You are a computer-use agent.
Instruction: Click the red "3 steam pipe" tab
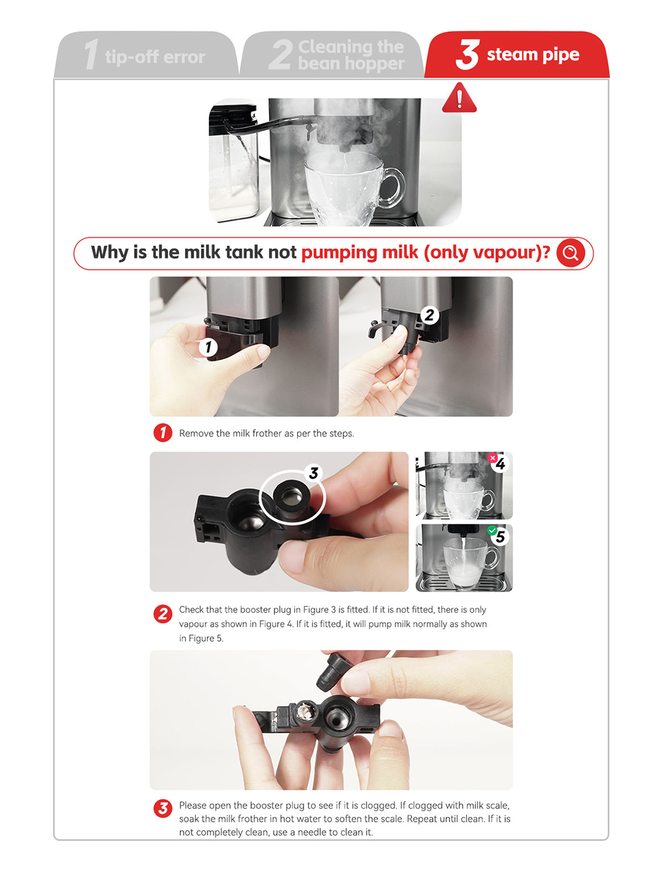[517, 54]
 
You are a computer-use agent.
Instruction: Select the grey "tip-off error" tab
[147, 54]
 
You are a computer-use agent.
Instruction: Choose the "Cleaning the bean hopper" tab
[331, 54]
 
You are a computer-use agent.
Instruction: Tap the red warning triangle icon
[459, 98]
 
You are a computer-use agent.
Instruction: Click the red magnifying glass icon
[570, 253]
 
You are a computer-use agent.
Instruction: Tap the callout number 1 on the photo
[208, 347]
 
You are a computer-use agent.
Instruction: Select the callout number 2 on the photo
[430, 315]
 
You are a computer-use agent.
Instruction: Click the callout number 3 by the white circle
[314, 473]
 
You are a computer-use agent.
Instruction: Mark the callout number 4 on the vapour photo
[501, 464]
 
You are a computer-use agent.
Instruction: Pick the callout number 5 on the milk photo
[501, 537]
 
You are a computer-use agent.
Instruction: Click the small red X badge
[492, 458]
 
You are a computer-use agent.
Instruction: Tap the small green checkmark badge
[492, 531]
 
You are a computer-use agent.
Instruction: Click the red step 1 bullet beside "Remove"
[162, 433]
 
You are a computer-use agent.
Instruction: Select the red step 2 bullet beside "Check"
[162, 614]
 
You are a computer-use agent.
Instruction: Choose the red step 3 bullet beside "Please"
[162, 808]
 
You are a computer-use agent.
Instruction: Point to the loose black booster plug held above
[331, 672]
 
